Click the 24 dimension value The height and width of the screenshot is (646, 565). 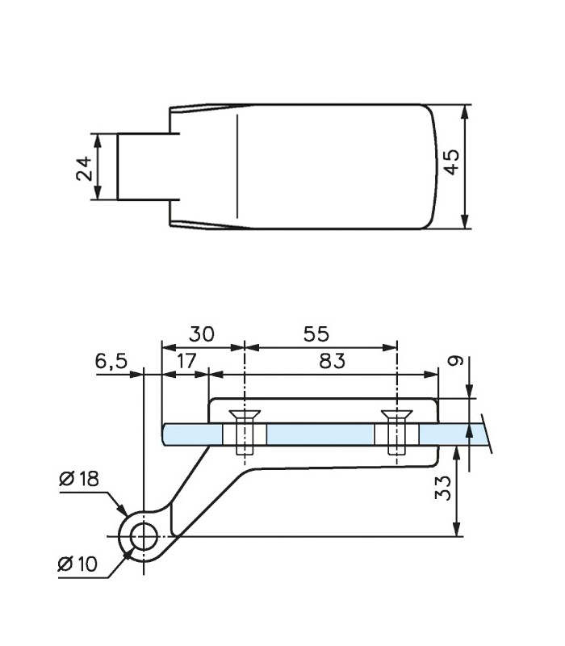pyautogui.click(x=84, y=168)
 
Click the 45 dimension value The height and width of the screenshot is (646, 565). pyautogui.click(x=452, y=161)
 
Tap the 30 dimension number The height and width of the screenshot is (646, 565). pyautogui.click(x=202, y=333)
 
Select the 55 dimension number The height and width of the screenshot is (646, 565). pyautogui.click(x=318, y=333)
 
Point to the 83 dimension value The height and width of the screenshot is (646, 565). pyautogui.click(x=331, y=360)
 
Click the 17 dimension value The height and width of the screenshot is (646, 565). pyautogui.click(x=186, y=360)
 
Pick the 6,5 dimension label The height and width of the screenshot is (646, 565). pyautogui.click(x=111, y=361)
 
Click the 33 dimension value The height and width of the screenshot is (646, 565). pyautogui.click(x=443, y=487)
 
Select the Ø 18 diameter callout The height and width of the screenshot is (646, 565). pyautogui.click(x=79, y=478)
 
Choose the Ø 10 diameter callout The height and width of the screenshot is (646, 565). pyautogui.click(x=78, y=564)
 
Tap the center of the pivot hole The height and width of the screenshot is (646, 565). pyautogui.click(x=144, y=535)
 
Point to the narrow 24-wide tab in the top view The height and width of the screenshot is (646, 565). pyautogui.click(x=144, y=166)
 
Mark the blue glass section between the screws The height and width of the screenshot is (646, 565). pyautogui.click(x=320, y=434)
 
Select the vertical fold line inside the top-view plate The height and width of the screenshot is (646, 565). pyautogui.click(x=237, y=166)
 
